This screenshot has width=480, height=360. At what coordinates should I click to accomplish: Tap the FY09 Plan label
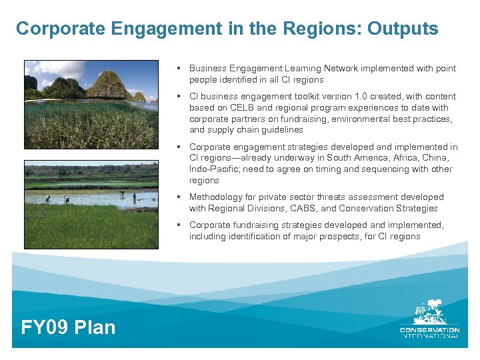pyautogui.click(x=68, y=327)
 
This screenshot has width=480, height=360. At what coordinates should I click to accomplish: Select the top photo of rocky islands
pyautogui.click(x=91, y=104)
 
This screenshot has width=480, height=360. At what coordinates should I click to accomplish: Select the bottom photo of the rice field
pyautogui.click(x=91, y=204)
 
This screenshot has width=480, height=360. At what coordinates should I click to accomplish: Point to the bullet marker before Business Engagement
pyautogui.click(x=179, y=68)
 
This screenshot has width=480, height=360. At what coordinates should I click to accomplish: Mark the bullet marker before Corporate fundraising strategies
pyautogui.click(x=179, y=225)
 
